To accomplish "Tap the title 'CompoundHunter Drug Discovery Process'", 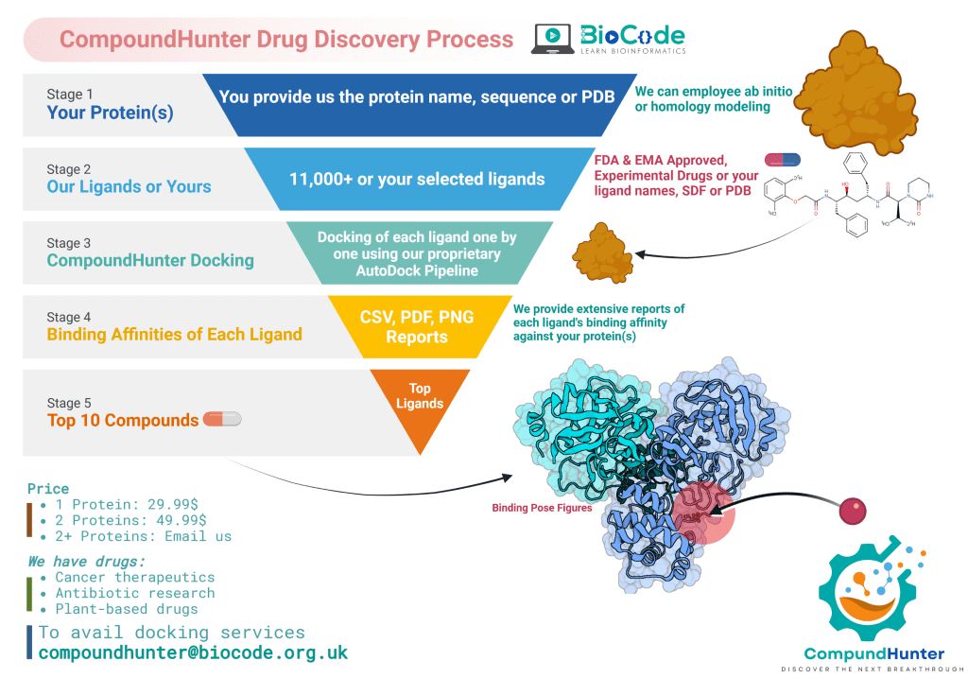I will [x=286, y=40].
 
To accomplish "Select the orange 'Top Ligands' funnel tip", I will [x=419, y=402].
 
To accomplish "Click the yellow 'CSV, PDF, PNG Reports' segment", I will [x=416, y=326].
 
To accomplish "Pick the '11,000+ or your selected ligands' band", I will [x=416, y=179].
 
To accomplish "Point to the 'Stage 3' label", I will [x=69, y=243].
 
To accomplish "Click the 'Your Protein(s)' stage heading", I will [x=110, y=113].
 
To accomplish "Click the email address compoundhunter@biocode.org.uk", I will [x=193, y=652].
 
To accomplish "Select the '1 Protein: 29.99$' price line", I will [x=130, y=505].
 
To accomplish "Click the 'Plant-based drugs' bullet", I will [x=126, y=609].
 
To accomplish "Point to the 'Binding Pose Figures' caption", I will [x=542, y=508].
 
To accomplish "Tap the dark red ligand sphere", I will [x=853, y=511].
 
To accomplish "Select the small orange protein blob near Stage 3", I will [x=596, y=250].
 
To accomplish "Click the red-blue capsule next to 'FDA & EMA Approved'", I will [x=781, y=160].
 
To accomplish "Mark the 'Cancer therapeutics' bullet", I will [x=134, y=577].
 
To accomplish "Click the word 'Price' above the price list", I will [x=48, y=489].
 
